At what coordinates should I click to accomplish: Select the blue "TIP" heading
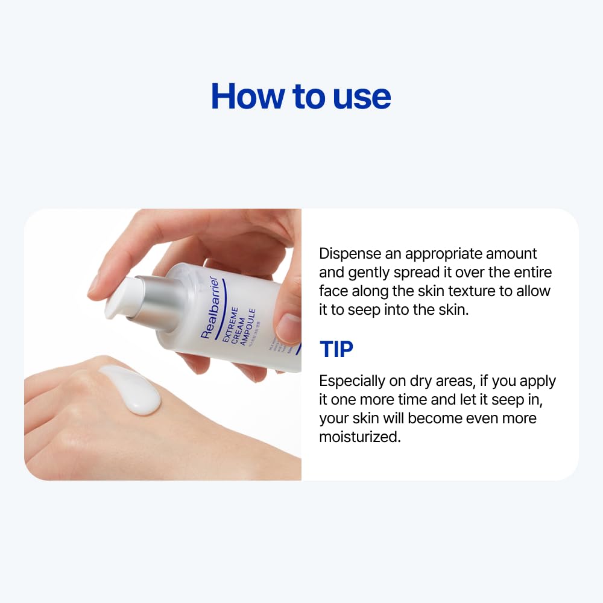coord(336,349)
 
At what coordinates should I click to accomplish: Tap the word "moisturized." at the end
coord(360,437)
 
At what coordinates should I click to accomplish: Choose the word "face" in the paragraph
coord(333,291)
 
